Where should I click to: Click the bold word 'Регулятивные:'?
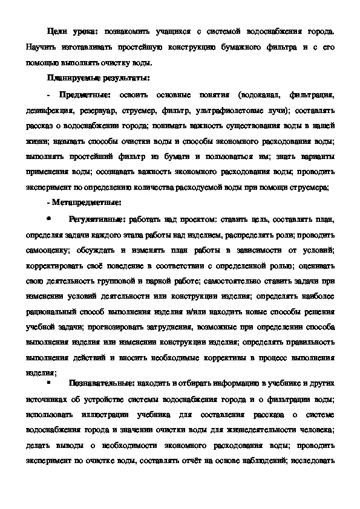[x=97, y=218]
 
